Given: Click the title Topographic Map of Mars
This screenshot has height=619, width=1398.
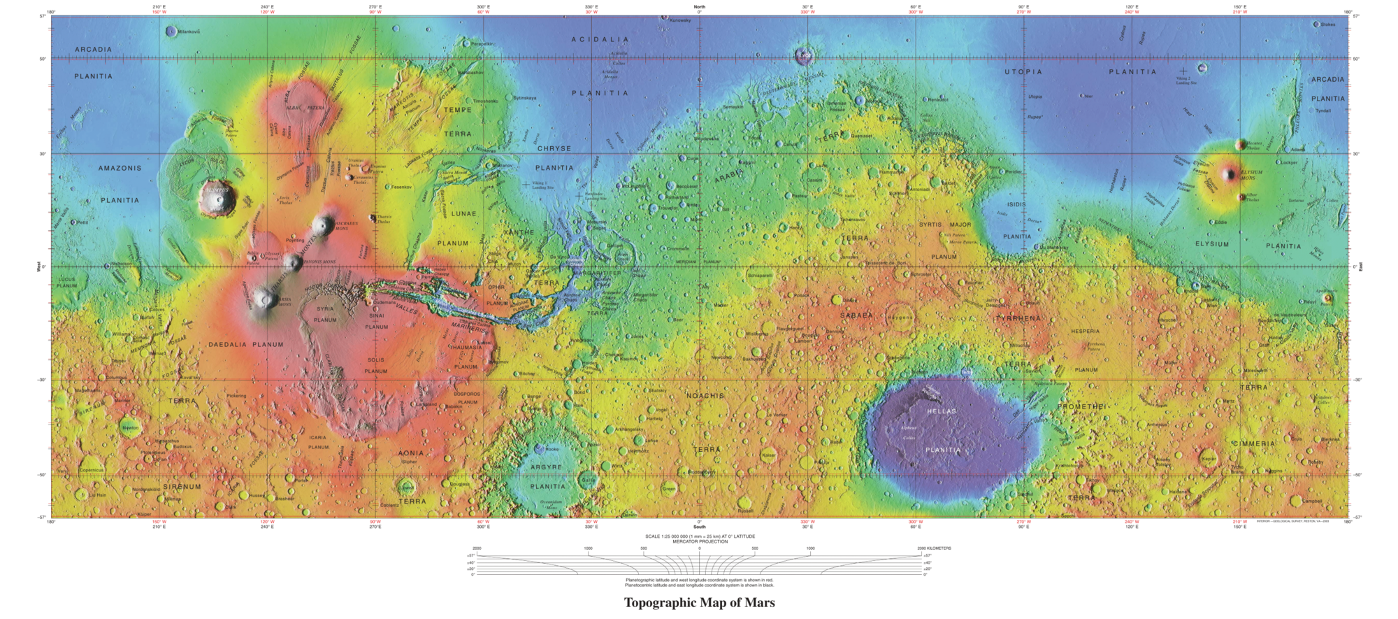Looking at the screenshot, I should pyautogui.click(x=699, y=603).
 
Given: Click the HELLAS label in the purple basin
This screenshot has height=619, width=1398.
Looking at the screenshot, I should pyautogui.click(x=942, y=411).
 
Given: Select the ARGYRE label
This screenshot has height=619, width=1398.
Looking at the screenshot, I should pyautogui.click(x=546, y=467).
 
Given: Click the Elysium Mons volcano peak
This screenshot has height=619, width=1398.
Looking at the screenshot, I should pyautogui.click(x=1230, y=174).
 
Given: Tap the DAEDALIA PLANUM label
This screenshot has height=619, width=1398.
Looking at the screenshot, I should pyautogui.click(x=246, y=344).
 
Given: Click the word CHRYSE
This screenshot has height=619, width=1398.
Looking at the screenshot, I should pyautogui.click(x=554, y=149).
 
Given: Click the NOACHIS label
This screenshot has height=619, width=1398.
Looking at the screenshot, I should pyautogui.click(x=705, y=396).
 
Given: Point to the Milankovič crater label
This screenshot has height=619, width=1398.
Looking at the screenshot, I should pyautogui.click(x=189, y=32).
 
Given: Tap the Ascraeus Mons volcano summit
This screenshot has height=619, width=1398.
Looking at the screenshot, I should pyautogui.click(x=323, y=225).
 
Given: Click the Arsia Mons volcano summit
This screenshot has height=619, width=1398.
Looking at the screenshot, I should pyautogui.click(x=265, y=300).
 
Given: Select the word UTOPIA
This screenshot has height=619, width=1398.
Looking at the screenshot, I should pyautogui.click(x=1023, y=72).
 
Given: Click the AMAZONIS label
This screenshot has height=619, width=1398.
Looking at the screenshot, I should pyautogui.click(x=120, y=169).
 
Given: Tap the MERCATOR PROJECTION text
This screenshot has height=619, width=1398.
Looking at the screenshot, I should pyautogui.click(x=699, y=541).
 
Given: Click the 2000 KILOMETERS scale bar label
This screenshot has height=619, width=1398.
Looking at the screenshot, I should pyautogui.click(x=934, y=548).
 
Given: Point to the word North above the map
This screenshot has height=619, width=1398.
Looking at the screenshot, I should pyautogui.click(x=699, y=7).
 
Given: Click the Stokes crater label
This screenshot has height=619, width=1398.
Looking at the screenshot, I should pyautogui.click(x=1327, y=24).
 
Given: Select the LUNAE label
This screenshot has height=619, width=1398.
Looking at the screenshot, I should pyautogui.click(x=463, y=213).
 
